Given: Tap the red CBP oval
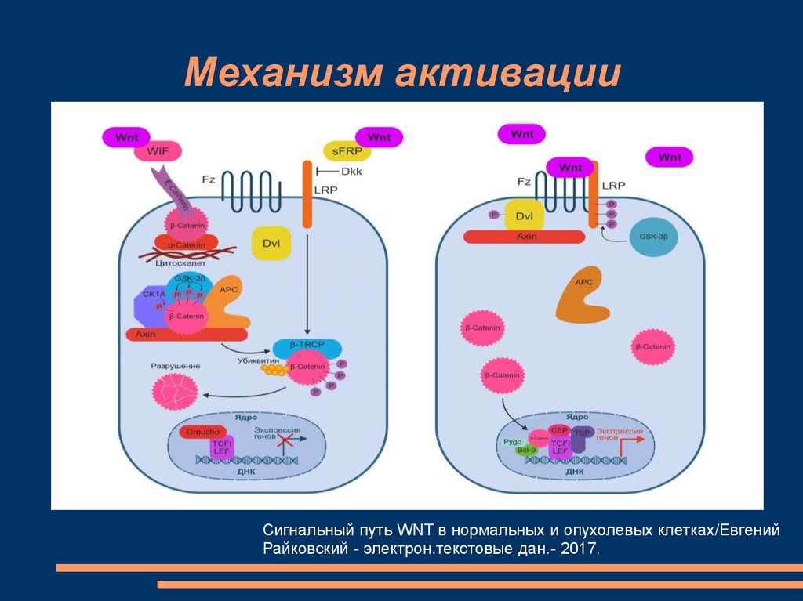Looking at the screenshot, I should [559, 430].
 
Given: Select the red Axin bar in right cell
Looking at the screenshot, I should [525, 236].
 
